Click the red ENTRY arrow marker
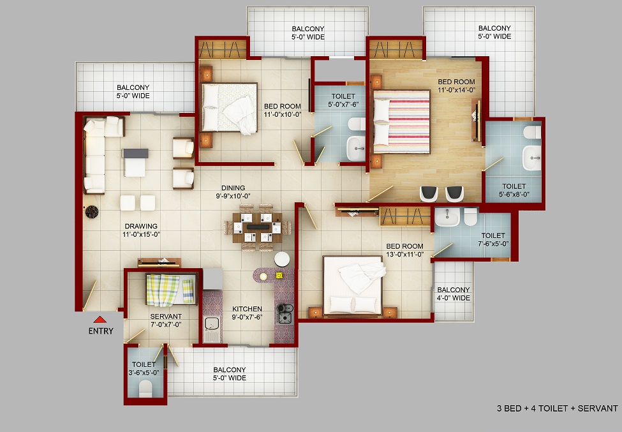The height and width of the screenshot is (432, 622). pos(100,319)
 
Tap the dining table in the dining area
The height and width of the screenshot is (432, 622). pos(258,228)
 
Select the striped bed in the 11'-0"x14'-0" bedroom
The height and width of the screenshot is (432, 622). pos(401,122)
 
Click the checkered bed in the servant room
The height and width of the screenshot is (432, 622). pos(171,290)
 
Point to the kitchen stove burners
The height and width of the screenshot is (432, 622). pos(285,313)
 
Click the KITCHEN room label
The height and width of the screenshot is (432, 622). pos(247,309)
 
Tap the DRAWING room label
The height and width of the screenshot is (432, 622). pos(141,226)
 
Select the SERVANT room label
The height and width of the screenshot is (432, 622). pos(166,316)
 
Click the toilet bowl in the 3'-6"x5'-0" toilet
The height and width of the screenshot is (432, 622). pos(145,389)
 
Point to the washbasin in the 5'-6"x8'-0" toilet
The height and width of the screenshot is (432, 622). pos(531,158)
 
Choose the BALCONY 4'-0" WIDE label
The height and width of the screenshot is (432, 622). pos(454,294)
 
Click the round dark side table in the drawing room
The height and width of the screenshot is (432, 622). pos(92,212)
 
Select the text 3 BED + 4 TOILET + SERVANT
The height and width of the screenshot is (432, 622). pos(558,408)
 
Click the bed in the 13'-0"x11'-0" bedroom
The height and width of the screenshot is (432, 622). pos(353,285)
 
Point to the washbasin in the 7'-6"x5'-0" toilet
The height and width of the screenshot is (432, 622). pos(447,217)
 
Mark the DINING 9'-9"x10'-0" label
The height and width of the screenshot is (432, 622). pos(233,192)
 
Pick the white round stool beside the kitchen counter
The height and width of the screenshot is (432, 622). pos(282,259)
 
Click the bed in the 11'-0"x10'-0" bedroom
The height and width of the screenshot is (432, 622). pos(229,107)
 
